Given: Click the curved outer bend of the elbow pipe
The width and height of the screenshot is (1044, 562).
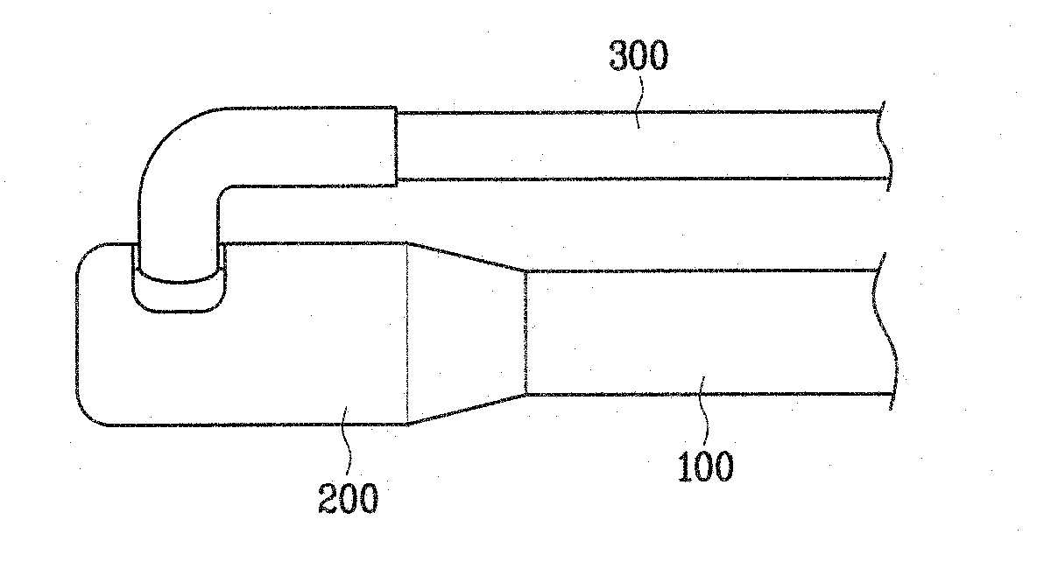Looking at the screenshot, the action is point(163,140).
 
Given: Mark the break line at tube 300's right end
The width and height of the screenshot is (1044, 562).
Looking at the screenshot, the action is point(885,145).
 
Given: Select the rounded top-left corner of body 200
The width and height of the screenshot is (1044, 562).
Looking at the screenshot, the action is point(86,252).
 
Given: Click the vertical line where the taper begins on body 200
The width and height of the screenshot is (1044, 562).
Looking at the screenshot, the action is point(407,333).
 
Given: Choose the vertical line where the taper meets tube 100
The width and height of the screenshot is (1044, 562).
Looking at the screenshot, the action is point(525,333).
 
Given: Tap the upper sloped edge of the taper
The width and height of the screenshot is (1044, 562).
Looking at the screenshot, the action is point(466,256).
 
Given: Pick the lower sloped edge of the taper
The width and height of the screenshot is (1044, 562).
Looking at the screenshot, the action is point(466,410).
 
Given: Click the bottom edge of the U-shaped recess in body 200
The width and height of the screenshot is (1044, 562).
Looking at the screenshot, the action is point(178,310).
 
